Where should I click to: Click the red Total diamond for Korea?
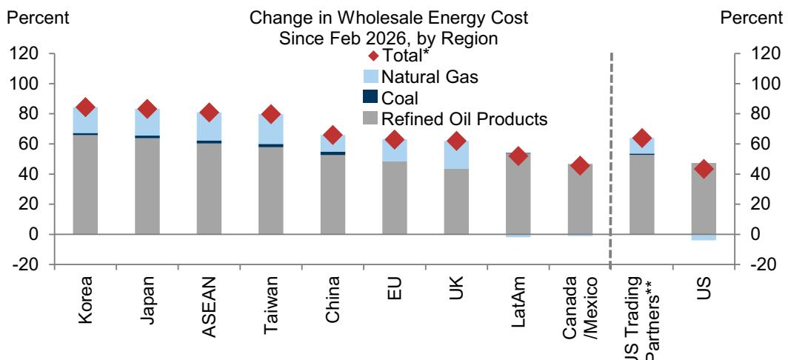click(85, 107)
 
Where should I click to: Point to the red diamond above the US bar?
click(704, 169)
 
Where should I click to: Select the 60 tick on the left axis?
click(33, 144)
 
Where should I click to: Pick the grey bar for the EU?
click(394, 197)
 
